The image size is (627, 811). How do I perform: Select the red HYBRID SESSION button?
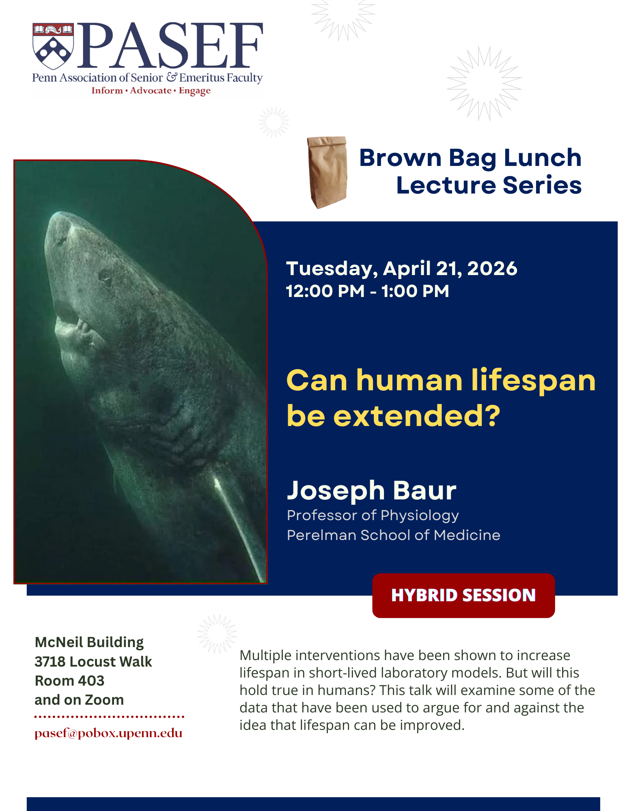point(463,595)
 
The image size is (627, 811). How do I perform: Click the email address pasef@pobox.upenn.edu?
point(108,734)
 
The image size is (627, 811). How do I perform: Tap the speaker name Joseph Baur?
point(372,490)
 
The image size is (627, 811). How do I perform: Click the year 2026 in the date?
point(492,268)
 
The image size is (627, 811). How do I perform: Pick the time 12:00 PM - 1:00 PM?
point(368,291)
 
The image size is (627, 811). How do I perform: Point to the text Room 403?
point(69,680)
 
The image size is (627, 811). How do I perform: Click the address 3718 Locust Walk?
point(93,661)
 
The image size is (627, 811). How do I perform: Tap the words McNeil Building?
point(89,642)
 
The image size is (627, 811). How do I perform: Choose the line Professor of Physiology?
point(373,515)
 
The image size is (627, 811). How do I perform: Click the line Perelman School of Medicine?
point(394,535)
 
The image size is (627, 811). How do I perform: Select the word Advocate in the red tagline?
point(151,90)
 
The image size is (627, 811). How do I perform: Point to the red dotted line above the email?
point(109,716)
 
